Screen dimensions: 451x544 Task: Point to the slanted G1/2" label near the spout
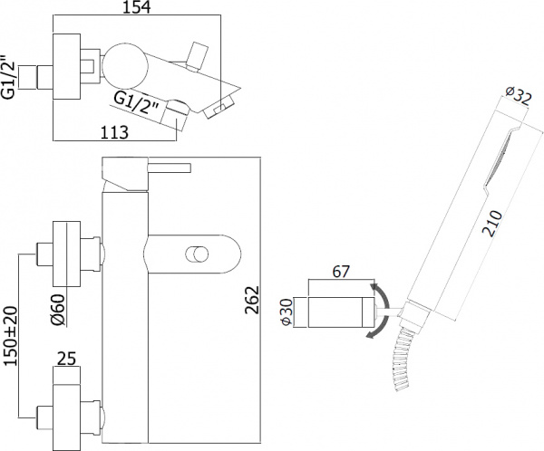(x=137, y=102)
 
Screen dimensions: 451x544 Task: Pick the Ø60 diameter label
(x=57, y=310)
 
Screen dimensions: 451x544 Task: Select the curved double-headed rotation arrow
(x=384, y=312)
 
